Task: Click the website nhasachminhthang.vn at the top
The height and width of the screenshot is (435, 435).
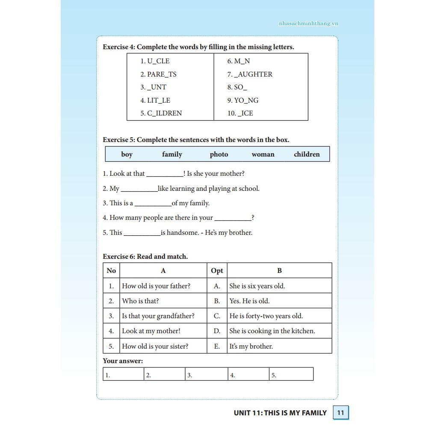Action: coord(308,24)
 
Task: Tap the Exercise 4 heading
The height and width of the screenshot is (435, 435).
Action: coord(198,47)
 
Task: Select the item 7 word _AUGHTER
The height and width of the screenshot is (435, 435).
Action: coord(250,74)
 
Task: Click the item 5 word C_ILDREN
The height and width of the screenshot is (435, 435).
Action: coord(161,113)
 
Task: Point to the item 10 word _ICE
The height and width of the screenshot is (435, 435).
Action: coord(240,113)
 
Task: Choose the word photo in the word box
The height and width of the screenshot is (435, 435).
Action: coord(219,154)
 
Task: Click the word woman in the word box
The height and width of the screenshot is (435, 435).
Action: coord(263,154)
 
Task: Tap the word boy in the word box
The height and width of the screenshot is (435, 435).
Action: coord(127,154)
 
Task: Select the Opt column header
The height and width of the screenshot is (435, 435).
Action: coord(217,271)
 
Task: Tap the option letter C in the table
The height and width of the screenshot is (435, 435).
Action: coord(217,316)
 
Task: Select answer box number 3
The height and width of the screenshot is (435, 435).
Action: coord(207,375)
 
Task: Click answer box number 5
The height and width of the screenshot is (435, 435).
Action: coord(291,375)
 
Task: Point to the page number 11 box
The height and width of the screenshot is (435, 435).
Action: coord(341,413)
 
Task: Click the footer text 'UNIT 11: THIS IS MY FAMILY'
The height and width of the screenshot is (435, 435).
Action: coord(280,413)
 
